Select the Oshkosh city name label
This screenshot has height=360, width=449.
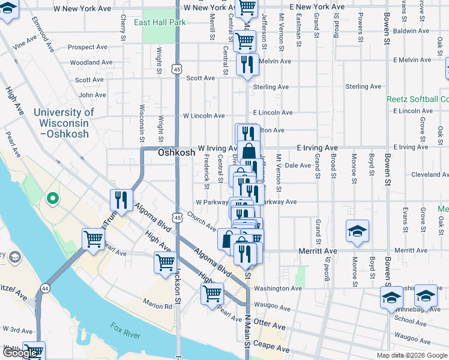point(176,153)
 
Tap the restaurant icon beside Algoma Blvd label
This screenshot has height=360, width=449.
point(122,200)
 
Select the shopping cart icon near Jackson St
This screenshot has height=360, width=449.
point(165,262)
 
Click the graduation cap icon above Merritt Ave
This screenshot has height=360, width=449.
point(357,232)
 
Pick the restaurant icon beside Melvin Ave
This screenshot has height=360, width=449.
point(247,64)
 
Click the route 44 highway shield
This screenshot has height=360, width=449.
point(44,289)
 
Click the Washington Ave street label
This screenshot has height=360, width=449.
point(277,289)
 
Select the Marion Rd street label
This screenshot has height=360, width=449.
point(157,307)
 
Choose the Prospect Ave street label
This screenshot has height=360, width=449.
point(88,47)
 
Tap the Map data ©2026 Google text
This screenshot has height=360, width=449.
point(411,355)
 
